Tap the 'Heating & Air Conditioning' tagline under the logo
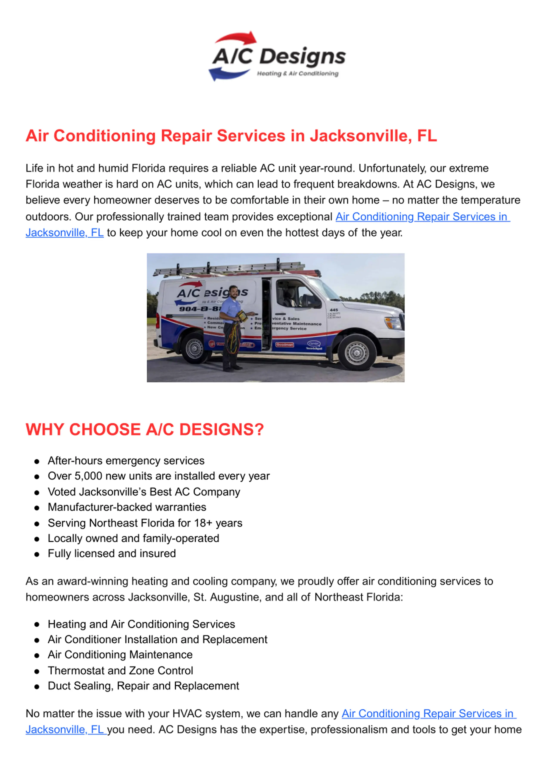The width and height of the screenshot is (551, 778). tap(297, 74)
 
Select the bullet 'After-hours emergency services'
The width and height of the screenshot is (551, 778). tap(126, 461)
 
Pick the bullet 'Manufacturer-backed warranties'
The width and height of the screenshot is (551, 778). tap(127, 507)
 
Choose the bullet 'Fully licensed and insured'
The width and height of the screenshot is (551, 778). tap(112, 554)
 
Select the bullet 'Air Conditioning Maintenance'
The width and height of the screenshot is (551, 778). tap(120, 655)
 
